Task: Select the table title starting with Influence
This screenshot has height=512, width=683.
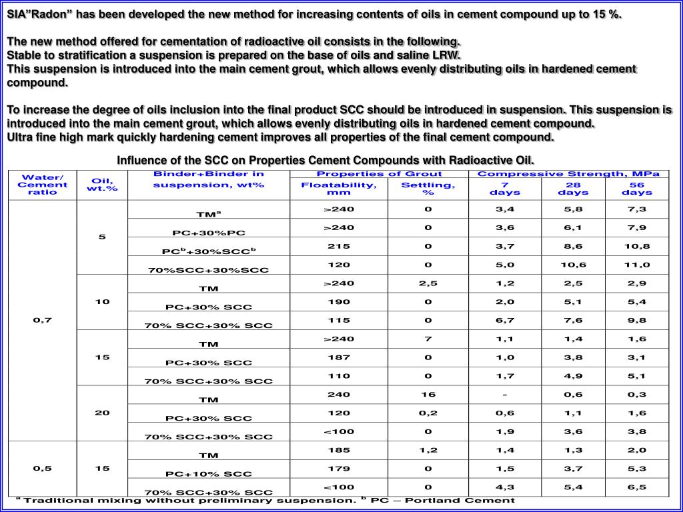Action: pos(325,160)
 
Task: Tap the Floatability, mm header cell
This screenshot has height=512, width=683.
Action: pos(339,188)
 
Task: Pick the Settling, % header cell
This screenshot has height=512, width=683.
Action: pos(428,188)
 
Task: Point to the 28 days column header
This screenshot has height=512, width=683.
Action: pos(572,188)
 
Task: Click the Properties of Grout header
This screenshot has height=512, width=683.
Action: pos(379,174)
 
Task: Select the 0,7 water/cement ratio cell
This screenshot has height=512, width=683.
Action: pos(43,320)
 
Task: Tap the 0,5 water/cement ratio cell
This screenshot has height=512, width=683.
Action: pos(43,468)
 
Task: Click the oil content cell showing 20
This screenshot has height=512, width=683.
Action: pos(102,413)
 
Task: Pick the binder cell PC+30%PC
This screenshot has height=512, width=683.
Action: pos(209,233)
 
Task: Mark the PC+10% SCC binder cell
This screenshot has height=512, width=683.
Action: pos(209,473)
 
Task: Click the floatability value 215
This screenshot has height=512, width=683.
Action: pos(339,246)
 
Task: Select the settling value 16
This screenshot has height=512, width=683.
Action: pos(428,394)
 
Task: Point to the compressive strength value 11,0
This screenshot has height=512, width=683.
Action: pos(637,265)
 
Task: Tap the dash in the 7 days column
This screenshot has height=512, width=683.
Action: pos(505,394)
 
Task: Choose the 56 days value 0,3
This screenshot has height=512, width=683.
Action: pos(637,394)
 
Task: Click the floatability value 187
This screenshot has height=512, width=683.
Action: pos(339,357)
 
